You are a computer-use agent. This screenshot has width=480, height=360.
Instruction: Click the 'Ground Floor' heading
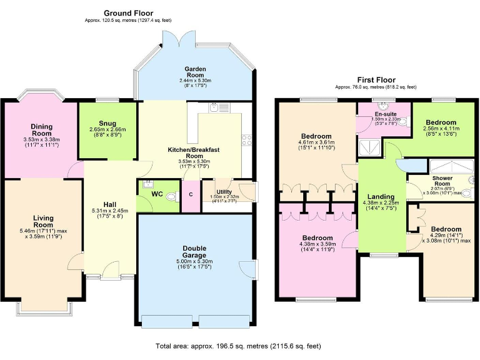(x=128, y=13)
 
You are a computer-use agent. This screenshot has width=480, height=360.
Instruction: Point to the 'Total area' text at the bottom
(x=240, y=346)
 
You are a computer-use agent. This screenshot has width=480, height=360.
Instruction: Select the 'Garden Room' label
(x=195, y=69)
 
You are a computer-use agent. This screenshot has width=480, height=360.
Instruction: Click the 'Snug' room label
(x=107, y=123)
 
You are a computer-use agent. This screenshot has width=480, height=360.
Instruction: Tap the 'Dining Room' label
(x=42, y=130)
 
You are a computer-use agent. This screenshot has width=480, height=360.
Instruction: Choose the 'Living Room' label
(x=43, y=221)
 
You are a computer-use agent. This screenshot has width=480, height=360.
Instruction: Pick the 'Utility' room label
(x=224, y=192)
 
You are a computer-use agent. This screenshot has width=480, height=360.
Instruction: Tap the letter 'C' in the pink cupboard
(x=191, y=194)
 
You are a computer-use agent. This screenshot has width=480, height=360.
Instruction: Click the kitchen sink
(x=216, y=107)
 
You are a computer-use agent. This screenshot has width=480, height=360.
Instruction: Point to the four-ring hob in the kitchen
(x=246, y=139)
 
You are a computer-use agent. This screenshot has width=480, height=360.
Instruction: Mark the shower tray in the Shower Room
(x=448, y=166)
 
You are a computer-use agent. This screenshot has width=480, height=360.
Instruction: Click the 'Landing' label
(x=380, y=196)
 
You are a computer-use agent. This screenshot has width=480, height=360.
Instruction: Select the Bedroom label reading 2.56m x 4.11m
(x=441, y=123)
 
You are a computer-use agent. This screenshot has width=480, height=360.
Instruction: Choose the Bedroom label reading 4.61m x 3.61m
(x=316, y=136)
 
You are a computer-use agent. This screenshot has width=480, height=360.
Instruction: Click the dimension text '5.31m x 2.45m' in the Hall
(x=110, y=211)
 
